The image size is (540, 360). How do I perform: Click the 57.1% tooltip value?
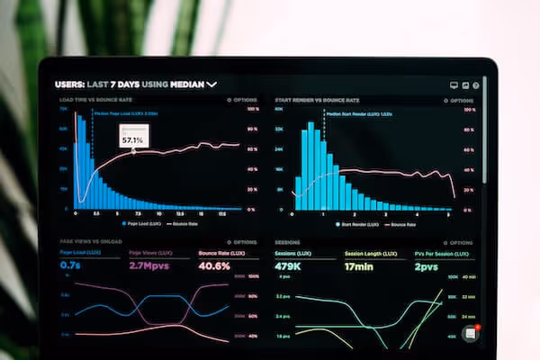pyautogui.click(x=132, y=140)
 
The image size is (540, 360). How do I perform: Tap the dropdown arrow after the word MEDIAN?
pyautogui.click(x=212, y=85)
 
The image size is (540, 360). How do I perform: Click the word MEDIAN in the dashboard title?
pyautogui.click(x=184, y=85)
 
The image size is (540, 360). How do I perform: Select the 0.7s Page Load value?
pyautogui.click(x=70, y=266)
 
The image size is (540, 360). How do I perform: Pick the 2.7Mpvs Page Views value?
pyautogui.click(x=149, y=266)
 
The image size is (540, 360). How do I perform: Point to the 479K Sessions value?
pyautogui.click(x=288, y=266)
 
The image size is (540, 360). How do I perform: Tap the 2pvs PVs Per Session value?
pyautogui.click(x=426, y=266)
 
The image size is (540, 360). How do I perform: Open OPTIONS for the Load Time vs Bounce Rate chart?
pyautogui.click(x=242, y=100)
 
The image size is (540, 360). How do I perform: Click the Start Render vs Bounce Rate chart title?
pyautogui.click(x=317, y=100)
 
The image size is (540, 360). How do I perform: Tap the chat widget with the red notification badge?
pyautogui.click(x=470, y=333)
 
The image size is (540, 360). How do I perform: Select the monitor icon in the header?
pyautogui.click(x=454, y=85)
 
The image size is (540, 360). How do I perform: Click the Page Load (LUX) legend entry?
pyautogui.click(x=140, y=223)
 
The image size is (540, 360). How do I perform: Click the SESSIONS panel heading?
pyautogui.click(x=287, y=242)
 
